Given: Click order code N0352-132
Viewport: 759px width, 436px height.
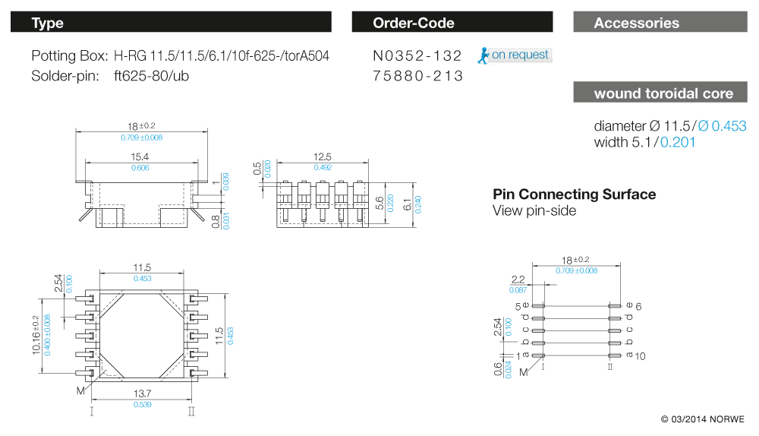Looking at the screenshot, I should click(417, 56).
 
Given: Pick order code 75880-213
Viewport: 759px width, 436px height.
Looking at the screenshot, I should click(417, 77).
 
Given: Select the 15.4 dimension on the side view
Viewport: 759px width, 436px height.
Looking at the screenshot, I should click(140, 156).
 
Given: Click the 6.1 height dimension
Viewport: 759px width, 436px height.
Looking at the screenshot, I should click(408, 204).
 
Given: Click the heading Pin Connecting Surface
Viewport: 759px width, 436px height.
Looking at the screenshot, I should click(574, 194).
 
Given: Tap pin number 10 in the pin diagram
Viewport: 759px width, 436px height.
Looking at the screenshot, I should click(641, 355).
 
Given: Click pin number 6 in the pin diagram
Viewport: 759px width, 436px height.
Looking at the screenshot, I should click(639, 306).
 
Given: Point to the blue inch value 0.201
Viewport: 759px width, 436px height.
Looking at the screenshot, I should click(678, 142).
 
